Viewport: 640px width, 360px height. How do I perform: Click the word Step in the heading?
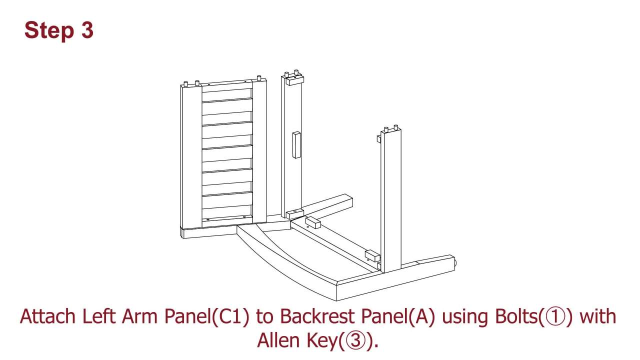click(x=49, y=31)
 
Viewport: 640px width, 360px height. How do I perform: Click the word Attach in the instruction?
click(x=47, y=316)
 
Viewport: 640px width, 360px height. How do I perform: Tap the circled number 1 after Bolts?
click(x=555, y=317)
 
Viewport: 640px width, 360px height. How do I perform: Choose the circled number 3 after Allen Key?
click(x=355, y=340)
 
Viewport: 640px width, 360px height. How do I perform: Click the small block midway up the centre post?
click(x=296, y=145)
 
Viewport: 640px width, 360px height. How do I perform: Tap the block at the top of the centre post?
click(x=294, y=81)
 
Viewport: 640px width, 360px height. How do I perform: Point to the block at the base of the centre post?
click(x=295, y=213)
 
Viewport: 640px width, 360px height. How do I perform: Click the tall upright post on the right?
click(x=391, y=200)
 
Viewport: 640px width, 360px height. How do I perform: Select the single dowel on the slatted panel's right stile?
click(x=259, y=78)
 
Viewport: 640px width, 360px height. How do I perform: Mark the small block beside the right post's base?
click(x=372, y=255)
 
